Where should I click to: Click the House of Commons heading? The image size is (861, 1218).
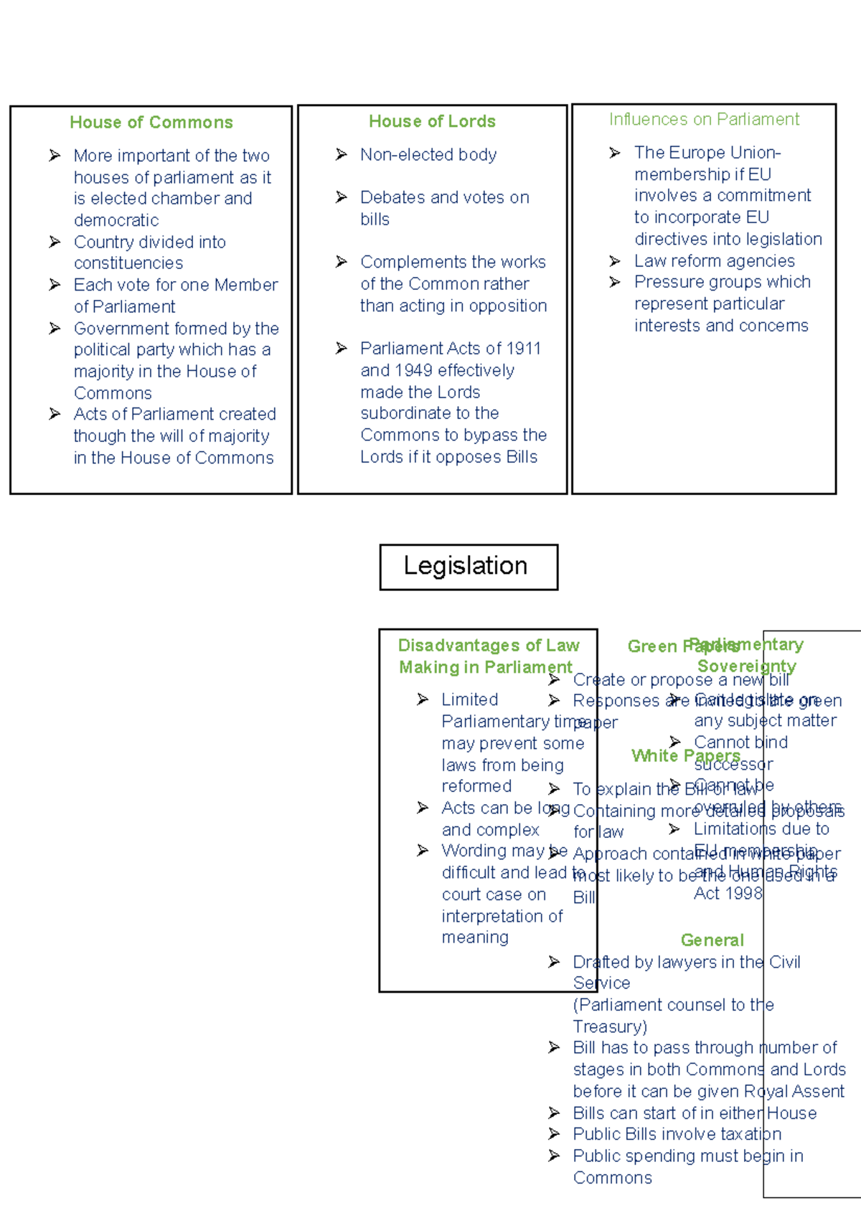point(151,123)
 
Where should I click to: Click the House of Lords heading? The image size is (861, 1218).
point(432,121)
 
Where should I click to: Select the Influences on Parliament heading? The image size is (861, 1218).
point(704,119)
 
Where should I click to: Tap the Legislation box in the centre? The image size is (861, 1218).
point(468,567)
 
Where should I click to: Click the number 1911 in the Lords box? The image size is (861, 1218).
point(523,349)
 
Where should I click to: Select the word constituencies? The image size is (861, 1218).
point(128,263)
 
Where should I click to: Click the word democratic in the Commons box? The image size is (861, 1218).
point(116,220)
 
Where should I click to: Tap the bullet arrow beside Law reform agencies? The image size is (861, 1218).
point(615,261)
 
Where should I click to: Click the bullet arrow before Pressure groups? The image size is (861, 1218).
point(615,282)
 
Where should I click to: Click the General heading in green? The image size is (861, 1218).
point(712,940)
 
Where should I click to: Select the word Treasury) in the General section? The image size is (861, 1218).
point(610,1026)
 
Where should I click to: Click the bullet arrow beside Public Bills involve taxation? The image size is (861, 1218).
point(554,1134)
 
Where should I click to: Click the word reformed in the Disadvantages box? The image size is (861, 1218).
point(476,786)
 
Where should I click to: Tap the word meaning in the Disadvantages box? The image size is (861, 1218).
point(475,938)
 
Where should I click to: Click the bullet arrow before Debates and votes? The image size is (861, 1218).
point(342,197)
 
